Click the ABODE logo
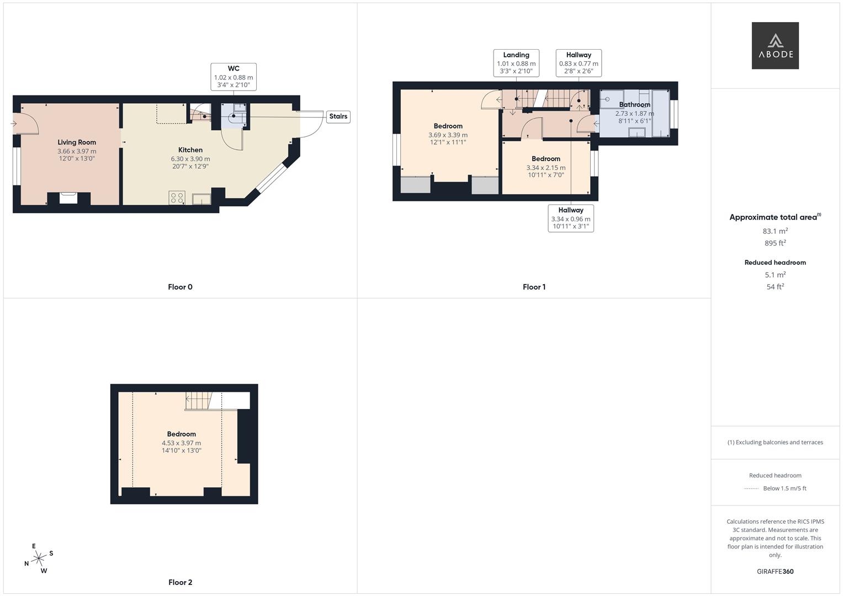[x=775, y=45]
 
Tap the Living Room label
[x=77, y=142]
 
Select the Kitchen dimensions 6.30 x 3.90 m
[x=190, y=159]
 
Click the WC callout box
[x=234, y=77]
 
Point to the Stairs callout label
[x=338, y=116]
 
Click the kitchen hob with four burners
[x=177, y=198]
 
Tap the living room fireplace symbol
[x=68, y=198]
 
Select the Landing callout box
[x=516, y=63]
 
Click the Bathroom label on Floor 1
[x=634, y=105]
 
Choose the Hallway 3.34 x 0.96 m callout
[x=570, y=218]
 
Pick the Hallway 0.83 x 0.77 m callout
[x=579, y=63]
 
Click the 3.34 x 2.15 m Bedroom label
[x=545, y=159]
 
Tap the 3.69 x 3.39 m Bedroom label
[x=448, y=126]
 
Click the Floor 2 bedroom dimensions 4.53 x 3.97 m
[x=182, y=443]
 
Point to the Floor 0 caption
[x=180, y=287]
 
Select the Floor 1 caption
[x=534, y=287]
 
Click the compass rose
[x=39, y=558]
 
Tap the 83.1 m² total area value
[x=775, y=231]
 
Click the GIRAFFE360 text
[x=775, y=572]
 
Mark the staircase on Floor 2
[x=199, y=401]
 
